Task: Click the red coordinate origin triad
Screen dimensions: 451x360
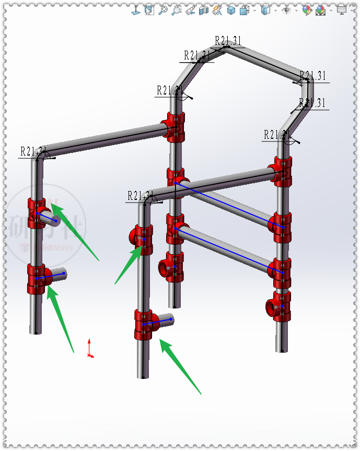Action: point(90,350)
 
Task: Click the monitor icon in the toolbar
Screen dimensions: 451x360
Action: point(342,10)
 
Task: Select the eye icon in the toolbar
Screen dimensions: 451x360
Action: point(286,10)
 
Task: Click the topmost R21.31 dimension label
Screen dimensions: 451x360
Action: point(228,41)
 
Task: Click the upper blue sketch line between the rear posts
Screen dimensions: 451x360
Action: point(230,206)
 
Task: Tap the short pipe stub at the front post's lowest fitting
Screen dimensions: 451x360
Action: point(165,320)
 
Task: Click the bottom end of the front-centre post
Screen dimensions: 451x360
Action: point(144,375)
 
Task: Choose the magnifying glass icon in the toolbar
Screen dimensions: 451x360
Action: point(163,10)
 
